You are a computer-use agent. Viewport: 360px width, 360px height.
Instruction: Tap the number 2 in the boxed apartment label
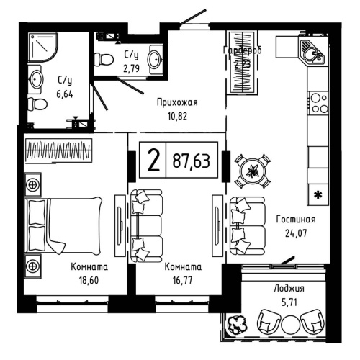point(153,161)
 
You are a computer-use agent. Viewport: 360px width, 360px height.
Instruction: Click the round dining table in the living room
point(253,171)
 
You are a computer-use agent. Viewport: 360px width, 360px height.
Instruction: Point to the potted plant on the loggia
point(236,326)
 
